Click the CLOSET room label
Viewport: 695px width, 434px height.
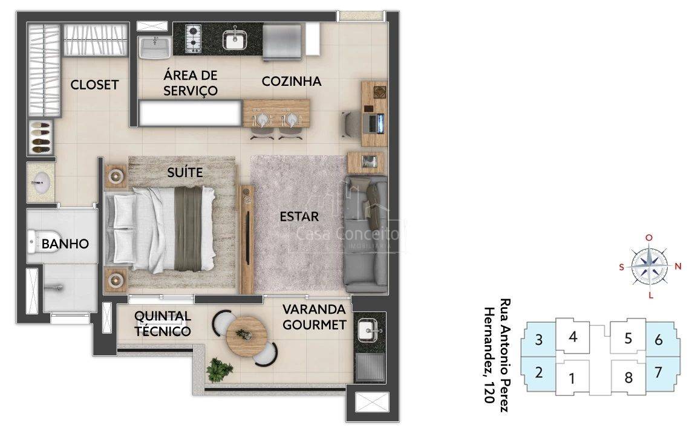pyautogui.click(x=94, y=85)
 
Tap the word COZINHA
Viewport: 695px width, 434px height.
pyautogui.click(x=291, y=82)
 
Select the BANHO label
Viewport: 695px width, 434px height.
pyautogui.click(x=65, y=244)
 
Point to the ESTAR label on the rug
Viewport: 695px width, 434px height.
pyautogui.click(x=299, y=216)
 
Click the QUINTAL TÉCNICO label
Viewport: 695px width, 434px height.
pyautogui.click(x=163, y=323)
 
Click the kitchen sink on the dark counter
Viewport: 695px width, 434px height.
pyautogui.click(x=235, y=39)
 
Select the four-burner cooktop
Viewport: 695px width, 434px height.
pyautogui.click(x=193, y=39)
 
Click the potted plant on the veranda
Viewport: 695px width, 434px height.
pyautogui.click(x=220, y=370)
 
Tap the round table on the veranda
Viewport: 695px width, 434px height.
pyautogui.click(x=246, y=337)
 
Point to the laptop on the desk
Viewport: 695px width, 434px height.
pyautogui.click(x=375, y=123)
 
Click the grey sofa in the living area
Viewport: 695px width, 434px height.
pyautogui.click(x=366, y=234)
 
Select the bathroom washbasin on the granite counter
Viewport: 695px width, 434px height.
pyautogui.click(x=41, y=183)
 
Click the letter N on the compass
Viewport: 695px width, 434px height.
pyautogui.click(x=677, y=266)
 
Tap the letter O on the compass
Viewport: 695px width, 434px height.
pyautogui.click(x=649, y=238)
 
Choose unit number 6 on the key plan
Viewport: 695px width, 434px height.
pyautogui.click(x=659, y=340)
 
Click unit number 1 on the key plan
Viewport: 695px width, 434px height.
pyautogui.click(x=572, y=378)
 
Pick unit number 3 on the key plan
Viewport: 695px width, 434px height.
pyautogui.click(x=538, y=340)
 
